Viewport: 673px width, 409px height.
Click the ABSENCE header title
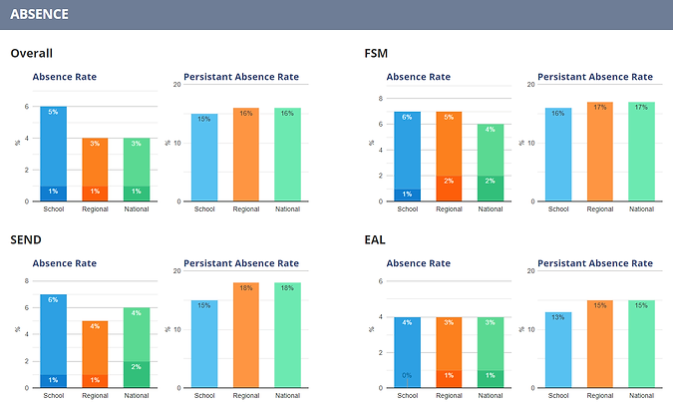(39, 15)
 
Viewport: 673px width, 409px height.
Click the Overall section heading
(31, 54)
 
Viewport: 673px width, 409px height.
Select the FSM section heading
(377, 54)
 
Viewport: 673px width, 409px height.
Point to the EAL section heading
(376, 241)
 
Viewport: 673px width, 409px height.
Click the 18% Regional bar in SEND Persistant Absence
(245, 336)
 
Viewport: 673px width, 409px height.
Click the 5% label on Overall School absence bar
(53, 113)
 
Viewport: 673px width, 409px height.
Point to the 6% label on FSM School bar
(407, 118)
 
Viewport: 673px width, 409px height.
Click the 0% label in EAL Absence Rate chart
(407, 375)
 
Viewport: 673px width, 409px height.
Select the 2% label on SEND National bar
(137, 367)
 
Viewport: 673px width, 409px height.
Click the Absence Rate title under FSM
(418, 76)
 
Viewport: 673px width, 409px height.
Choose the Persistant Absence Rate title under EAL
(595, 263)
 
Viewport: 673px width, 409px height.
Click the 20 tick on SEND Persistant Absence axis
(175, 271)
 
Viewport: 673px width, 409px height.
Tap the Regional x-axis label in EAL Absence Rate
(449, 396)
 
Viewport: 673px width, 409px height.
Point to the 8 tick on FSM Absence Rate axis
(381, 99)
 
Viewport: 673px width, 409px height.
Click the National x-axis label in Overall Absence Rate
(137, 209)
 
